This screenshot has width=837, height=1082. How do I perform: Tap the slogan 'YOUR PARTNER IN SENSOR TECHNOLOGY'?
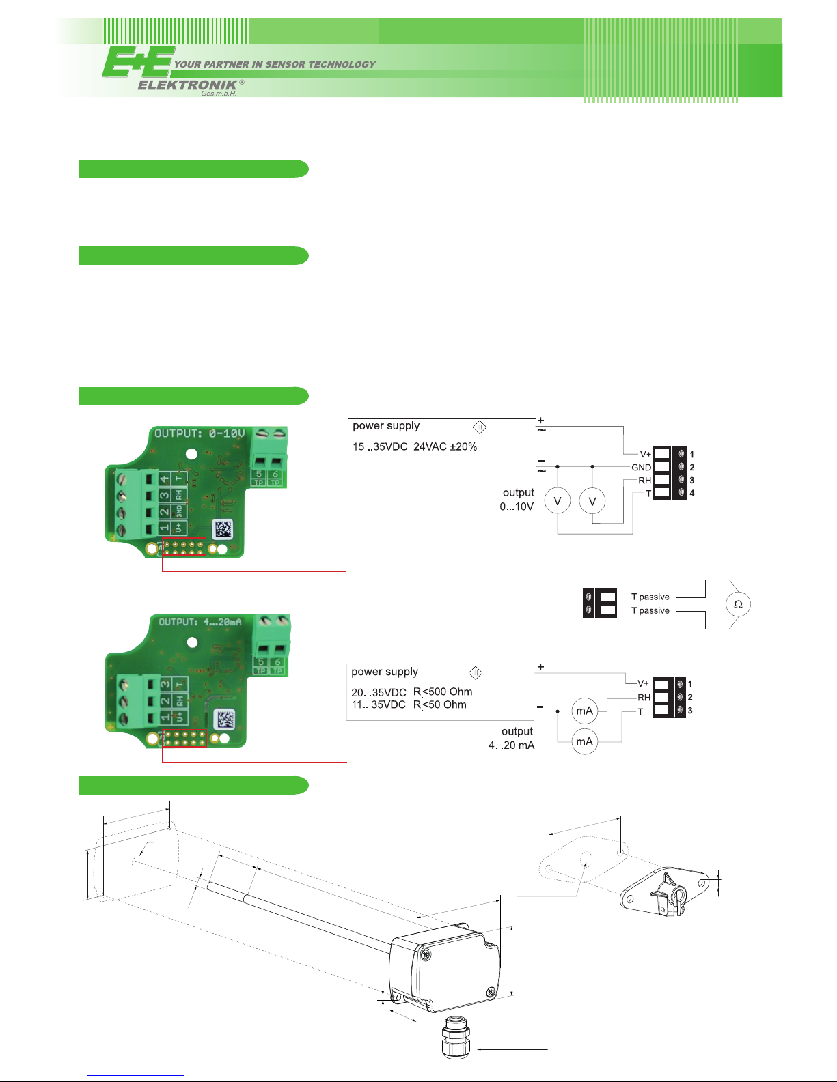275,64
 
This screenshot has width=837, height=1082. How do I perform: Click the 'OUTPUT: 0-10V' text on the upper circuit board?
200,433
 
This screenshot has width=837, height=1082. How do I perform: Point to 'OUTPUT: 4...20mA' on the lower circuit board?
200,621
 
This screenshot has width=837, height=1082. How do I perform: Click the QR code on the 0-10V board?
223,529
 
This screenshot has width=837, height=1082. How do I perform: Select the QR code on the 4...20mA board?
225,720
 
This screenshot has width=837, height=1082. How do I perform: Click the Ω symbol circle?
738,604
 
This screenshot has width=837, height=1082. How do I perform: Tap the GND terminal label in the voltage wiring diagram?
641,468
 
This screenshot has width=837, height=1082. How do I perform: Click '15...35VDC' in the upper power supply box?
380,446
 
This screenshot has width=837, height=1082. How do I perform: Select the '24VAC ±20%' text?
445,446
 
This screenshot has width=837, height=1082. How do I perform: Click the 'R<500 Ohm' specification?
443,692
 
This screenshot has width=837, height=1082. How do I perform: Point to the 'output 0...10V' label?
517,500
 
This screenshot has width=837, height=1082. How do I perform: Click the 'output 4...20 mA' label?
512,738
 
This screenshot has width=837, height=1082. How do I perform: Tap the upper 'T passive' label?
650,597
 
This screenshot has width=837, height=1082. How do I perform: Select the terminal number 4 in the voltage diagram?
691,494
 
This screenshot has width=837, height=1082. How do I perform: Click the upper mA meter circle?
584,711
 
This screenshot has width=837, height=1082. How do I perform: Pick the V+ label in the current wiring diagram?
643,683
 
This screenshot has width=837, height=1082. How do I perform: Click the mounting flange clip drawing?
665,892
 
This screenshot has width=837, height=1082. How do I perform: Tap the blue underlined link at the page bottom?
135,1075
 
